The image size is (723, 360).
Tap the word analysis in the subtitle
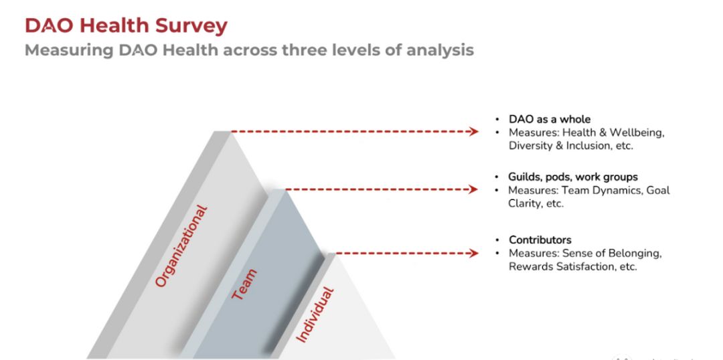tap(440, 50)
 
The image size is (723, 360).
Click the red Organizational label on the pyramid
tap(181, 246)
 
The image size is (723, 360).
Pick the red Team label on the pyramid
tap(244, 284)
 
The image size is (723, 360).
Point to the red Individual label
tap(314, 314)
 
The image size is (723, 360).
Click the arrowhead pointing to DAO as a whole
tap(473, 131)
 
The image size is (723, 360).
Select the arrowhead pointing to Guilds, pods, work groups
tap(472, 189)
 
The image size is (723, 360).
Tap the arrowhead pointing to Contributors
tap(473, 253)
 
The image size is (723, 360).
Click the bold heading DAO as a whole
tap(549, 119)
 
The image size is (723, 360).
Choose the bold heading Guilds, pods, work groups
tap(572, 177)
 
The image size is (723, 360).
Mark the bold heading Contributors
tap(540, 240)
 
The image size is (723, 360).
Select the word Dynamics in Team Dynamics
tap(616, 190)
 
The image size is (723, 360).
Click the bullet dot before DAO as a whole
tap(497, 119)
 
